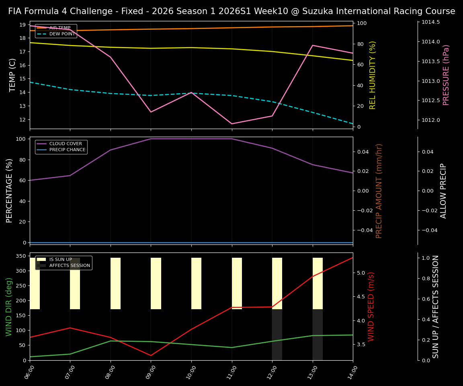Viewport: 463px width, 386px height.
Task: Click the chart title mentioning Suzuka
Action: tap(231, 11)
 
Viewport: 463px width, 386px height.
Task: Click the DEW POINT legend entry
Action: tap(62, 34)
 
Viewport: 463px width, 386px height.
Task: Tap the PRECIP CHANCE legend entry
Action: tap(67, 150)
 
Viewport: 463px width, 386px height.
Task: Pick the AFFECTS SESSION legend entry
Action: tap(70, 266)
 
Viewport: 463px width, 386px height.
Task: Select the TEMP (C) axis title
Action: tap(12, 75)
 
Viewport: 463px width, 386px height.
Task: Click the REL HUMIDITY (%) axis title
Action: tap(373, 75)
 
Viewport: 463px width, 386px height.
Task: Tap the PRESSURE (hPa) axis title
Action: tap(446, 75)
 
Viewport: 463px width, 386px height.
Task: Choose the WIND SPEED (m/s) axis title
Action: tap(371, 306)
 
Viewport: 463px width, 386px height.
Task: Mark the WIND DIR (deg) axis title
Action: tap(9, 306)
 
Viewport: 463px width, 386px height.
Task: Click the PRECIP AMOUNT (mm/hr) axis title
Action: tap(379, 191)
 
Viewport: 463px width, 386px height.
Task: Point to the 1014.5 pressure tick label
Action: tap(430, 22)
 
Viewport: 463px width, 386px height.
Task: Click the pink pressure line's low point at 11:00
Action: tap(232, 124)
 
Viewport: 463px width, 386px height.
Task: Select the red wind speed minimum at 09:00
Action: tap(151, 355)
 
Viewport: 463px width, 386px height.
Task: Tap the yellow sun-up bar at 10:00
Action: tap(196, 283)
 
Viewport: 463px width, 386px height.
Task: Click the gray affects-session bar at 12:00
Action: tap(277, 335)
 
